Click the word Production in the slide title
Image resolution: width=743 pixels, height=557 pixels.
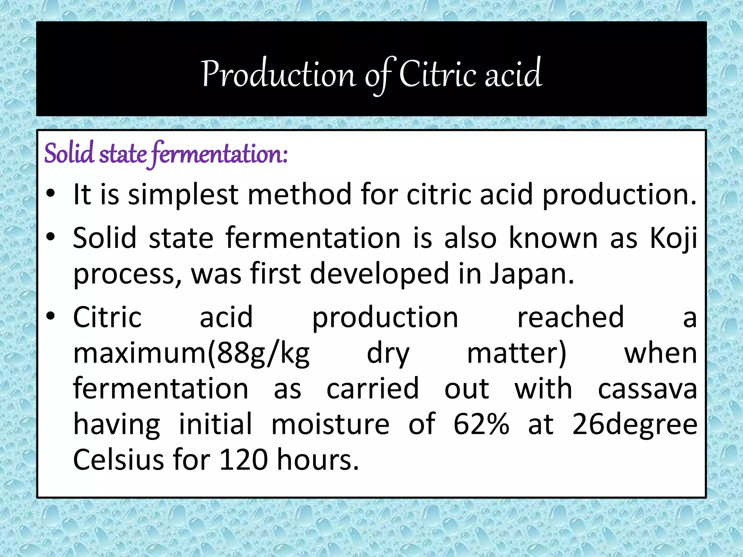(279, 74)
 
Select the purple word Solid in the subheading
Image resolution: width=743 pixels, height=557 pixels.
(69, 153)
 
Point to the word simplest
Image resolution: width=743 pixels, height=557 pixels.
(183, 195)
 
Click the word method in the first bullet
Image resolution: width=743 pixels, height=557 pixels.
(299, 195)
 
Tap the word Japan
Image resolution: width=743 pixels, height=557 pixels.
(532, 274)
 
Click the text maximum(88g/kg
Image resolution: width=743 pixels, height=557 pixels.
(191, 354)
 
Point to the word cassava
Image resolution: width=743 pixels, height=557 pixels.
(647, 389)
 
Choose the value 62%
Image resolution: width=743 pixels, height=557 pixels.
(481, 424)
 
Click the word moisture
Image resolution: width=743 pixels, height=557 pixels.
(331, 424)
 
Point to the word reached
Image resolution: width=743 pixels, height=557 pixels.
(570, 317)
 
